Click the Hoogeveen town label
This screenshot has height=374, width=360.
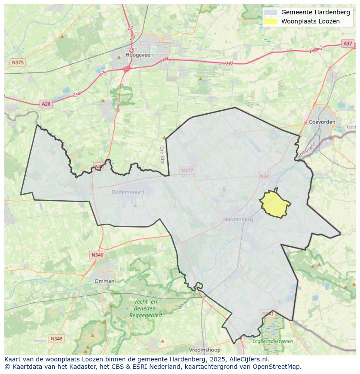click(x=139, y=55)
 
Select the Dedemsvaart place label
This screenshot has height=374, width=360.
click(x=127, y=192)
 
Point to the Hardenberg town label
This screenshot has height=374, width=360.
click(x=238, y=219)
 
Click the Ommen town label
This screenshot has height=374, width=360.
click(x=104, y=281)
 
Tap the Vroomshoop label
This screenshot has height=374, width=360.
click(x=205, y=350)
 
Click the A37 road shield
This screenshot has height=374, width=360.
click(x=347, y=43)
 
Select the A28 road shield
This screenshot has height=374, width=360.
click(x=46, y=104)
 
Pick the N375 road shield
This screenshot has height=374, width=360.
click(x=17, y=63)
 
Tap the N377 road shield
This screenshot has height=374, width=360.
click(x=187, y=171)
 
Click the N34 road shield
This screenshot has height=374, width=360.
click(x=264, y=176)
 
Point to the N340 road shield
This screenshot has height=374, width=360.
click(x=97, y=255)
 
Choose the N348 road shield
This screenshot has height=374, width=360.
click(x=57, y=338)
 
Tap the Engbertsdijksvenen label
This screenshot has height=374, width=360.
click(x=273, y=341)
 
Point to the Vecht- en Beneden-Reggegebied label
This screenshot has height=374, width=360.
click(x=145, y=308)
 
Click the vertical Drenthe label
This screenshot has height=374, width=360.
click(x=162, y=155)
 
